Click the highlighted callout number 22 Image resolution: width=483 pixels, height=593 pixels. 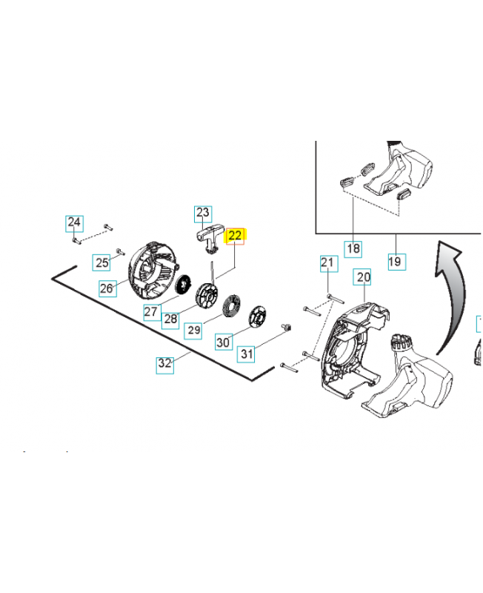[235, 236]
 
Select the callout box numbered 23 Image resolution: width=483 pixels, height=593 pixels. [203, 213]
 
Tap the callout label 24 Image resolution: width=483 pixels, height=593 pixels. [75, 222]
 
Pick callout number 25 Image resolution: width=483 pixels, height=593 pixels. [101, 261]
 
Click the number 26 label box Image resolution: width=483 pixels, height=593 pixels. [107, 288]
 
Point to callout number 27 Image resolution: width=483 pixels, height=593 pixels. [151, 311]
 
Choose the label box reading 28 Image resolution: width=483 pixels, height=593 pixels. [171, 319]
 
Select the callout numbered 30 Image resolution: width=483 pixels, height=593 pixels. [223, 342]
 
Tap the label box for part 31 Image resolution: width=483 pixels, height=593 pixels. [247, 354]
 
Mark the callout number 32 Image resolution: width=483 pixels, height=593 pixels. [164, 364]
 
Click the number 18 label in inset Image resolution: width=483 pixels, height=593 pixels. [353, 248]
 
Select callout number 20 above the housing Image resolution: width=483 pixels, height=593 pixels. [362, 277]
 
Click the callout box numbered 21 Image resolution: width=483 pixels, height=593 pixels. [328, 262]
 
